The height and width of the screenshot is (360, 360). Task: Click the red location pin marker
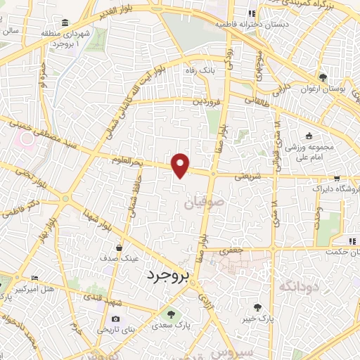[x=181, y=165]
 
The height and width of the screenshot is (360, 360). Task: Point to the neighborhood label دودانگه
[x=298, y=287]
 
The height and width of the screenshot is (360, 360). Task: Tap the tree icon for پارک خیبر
[x=258, y=307]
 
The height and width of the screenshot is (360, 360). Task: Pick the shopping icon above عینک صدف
[x=120, y=247]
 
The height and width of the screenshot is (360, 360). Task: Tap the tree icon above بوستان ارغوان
[x=322, y=77]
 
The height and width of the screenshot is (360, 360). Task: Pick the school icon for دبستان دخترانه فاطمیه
[x=250, y=13]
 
